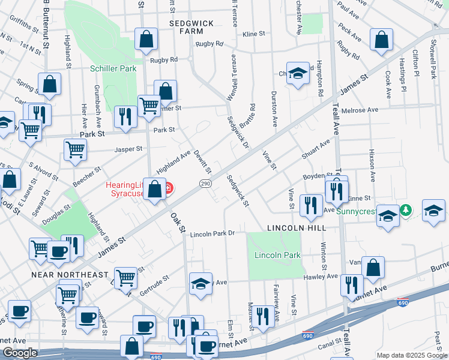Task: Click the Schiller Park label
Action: [113, 69]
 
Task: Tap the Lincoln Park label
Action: [277, 255]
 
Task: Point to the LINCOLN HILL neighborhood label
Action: [297, 228]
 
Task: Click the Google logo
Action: [20, 353]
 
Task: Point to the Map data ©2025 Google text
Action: [412, 355]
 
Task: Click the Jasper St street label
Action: [130, 148]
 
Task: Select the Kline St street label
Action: [253, 35]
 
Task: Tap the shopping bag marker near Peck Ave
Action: [381, 41]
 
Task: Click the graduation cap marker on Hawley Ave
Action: [200, 284]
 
